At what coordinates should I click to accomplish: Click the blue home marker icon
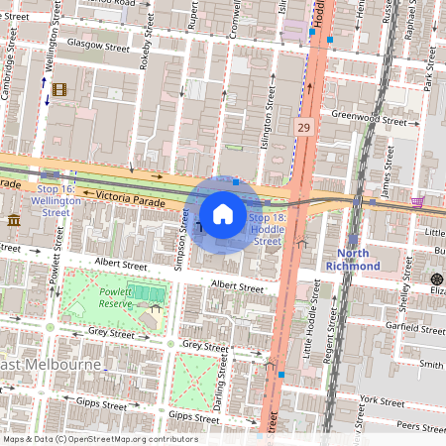pyautogui.click(x=223, y=213)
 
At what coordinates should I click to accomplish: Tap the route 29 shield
pyautogui.click(x=304, y=127)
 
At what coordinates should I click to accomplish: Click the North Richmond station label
pyautogui.click(x=353, y=260)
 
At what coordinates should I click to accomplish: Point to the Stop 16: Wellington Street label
pyautogui.click(x=56, y=199)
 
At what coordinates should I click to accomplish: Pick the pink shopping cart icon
pyautogui.click(x=418, y=201)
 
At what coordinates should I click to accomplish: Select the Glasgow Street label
pyautogui.click(x=98, y=46)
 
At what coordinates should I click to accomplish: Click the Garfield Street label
pyautogui.click(x=414, y=325)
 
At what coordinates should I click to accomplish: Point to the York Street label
pyautogui.click(x=384, y=400)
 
